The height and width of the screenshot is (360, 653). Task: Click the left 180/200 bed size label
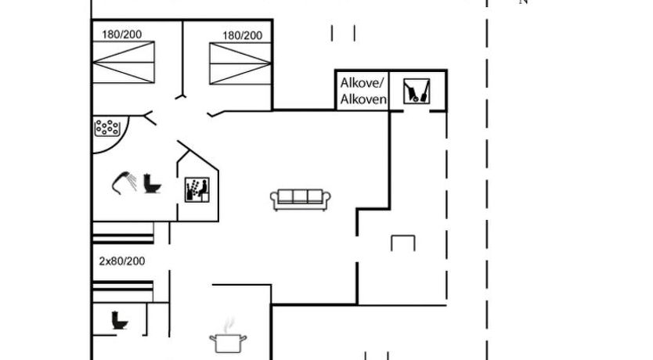(x=121, y=34)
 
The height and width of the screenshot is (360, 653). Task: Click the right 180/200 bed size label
(x=242, y=35)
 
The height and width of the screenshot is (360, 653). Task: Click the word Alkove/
(x=363, y=83)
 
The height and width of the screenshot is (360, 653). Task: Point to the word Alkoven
(x=363, y=99)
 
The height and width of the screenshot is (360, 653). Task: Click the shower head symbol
(x=122, y=182)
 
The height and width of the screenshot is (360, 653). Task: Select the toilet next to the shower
(x=152, y=185)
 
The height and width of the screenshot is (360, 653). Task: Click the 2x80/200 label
(x=121, y=261)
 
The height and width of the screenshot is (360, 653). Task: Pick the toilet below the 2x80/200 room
(x=120, y=320)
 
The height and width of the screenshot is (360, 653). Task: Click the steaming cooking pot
(x=228, y=341)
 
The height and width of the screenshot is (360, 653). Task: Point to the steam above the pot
(x=229, y=323)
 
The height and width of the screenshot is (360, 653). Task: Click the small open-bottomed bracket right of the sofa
(x=402, y=243)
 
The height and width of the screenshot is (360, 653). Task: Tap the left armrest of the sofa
(x=275, y=200)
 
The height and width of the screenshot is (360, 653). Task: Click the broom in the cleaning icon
(x=423, y=91)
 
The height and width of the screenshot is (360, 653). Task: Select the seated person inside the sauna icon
(x=200, y=187)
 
